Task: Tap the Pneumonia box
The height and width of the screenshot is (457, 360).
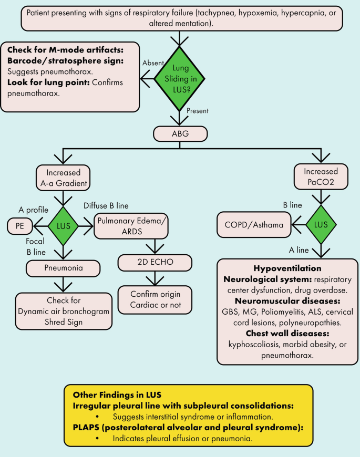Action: (63, 269)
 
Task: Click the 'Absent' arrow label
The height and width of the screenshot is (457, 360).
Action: (152, 62)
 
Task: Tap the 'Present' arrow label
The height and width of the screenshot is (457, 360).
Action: (198, 111)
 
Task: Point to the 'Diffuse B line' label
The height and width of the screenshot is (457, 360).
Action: (106, 205)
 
